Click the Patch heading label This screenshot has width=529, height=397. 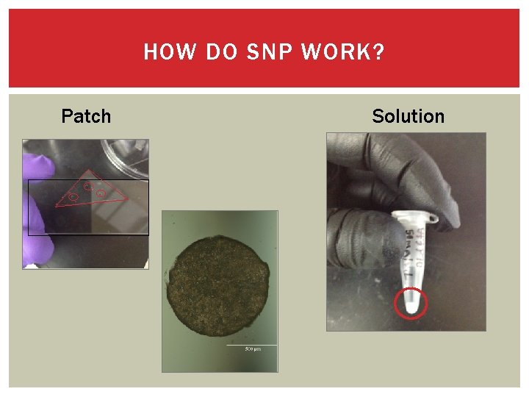tap(86, 116)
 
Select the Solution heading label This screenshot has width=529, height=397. tap(408, 116)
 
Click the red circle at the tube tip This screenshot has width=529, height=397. tap(411, 303)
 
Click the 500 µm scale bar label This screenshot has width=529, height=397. tap(252, 348)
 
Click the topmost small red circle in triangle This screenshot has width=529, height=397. tap(87, 186)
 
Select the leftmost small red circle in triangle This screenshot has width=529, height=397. tap(73, 197)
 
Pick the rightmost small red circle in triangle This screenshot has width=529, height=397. tap(101, 193)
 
